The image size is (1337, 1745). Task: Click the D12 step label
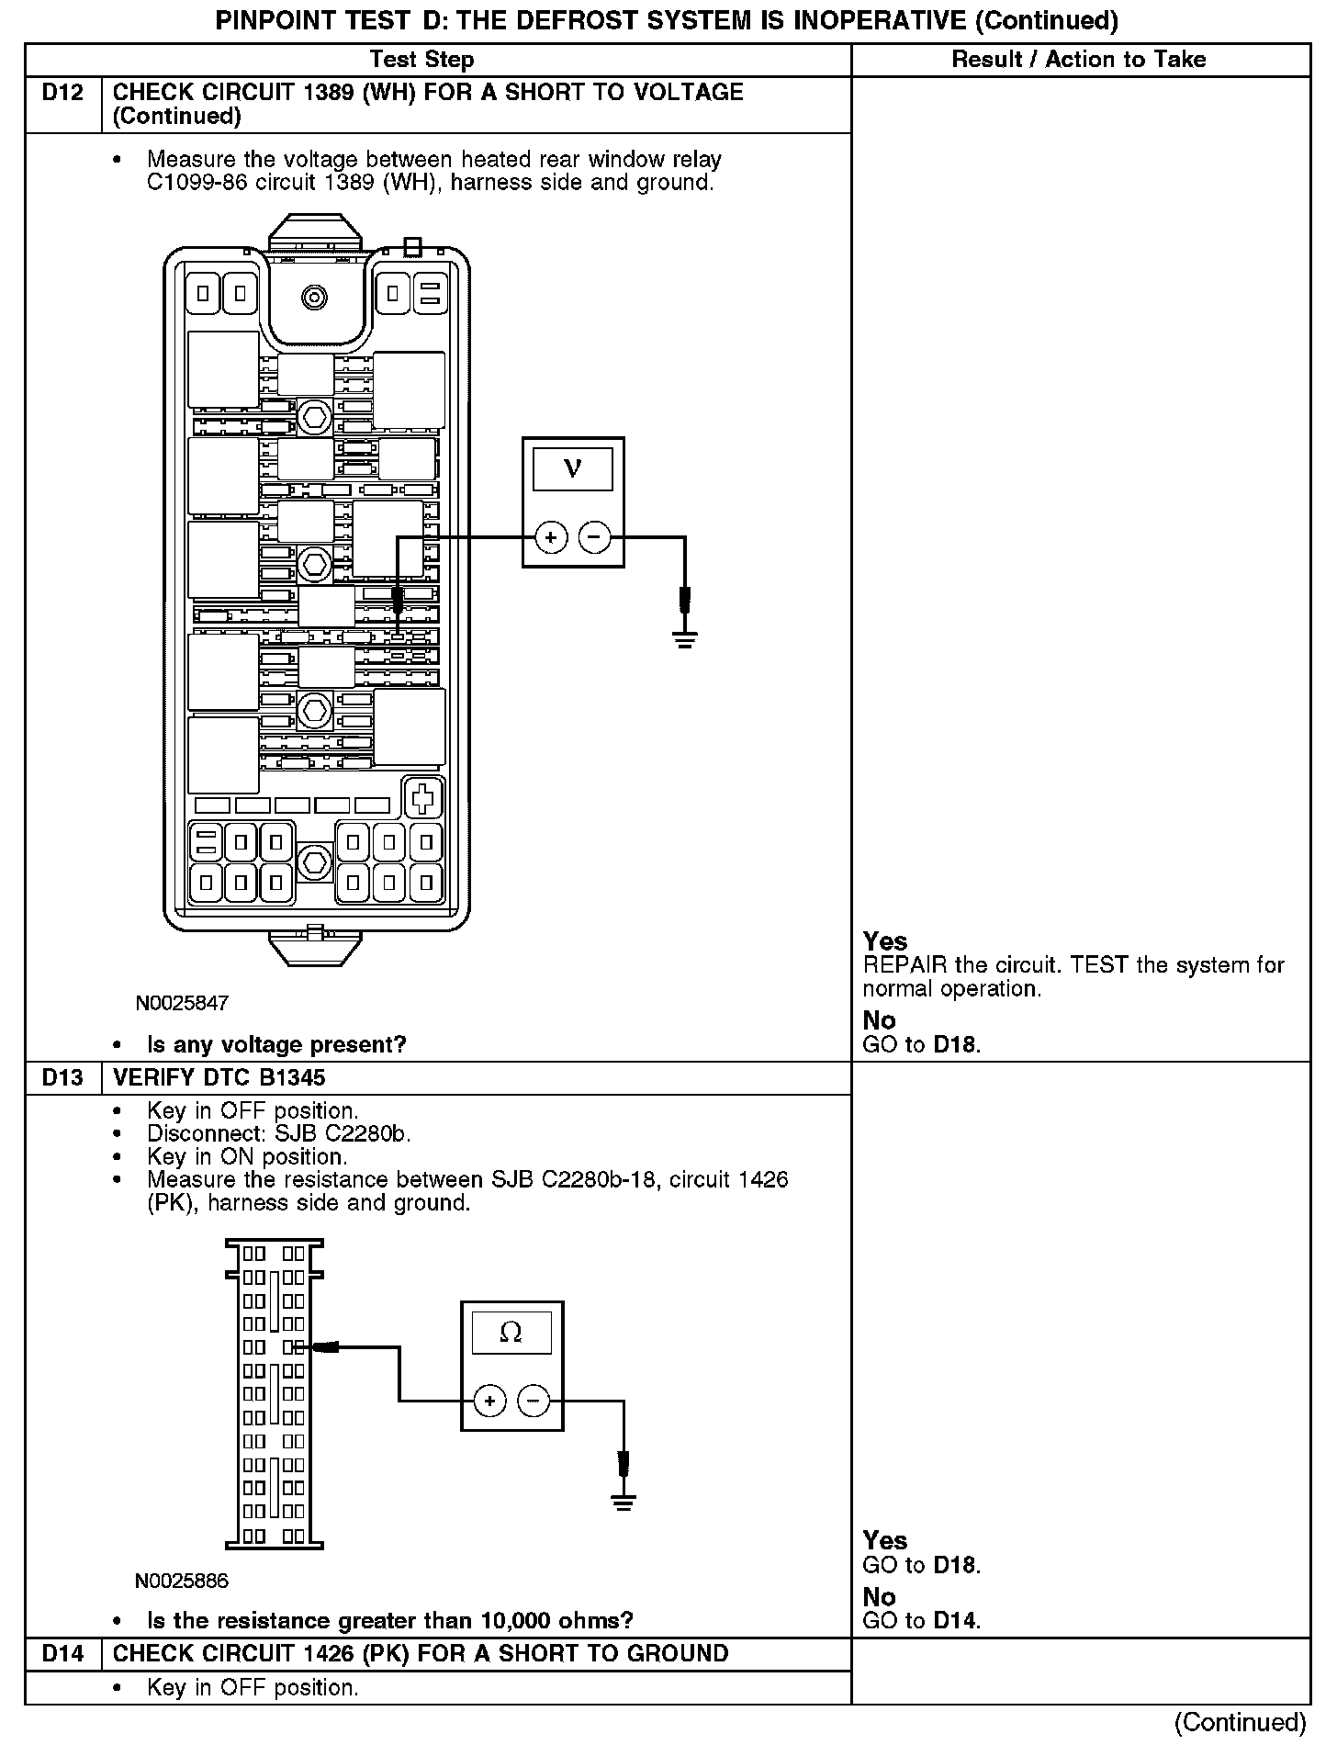(62, 93)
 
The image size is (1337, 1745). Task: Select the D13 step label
(62, 1077)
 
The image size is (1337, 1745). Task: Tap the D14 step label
(62, 1653)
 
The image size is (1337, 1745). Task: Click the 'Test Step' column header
(421, 60)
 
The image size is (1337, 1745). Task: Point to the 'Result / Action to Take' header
(1079, 60)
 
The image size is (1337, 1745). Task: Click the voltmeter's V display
(572, 469)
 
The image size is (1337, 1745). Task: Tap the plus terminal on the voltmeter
(551, 537)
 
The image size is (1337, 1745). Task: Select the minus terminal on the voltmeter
(595, 537)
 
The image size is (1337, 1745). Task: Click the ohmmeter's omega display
(511, 1333)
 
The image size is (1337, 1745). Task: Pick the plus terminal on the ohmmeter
(490, 1401)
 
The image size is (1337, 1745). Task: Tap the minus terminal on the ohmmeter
(534, 1401)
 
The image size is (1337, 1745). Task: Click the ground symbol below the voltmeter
(685, 639)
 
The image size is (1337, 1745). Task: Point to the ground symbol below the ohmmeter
(624, 1503)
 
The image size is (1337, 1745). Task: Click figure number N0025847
(182, 1003)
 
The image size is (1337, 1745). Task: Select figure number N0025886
(182, 1581)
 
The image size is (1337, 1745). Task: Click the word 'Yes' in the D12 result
(885, 941)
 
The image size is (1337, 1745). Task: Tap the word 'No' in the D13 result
(879, 1597)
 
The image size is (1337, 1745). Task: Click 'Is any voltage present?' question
(276, 1044)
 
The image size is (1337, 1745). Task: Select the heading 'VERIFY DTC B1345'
(219, 1077)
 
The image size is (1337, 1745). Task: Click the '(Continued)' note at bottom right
(1240, 1722)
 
